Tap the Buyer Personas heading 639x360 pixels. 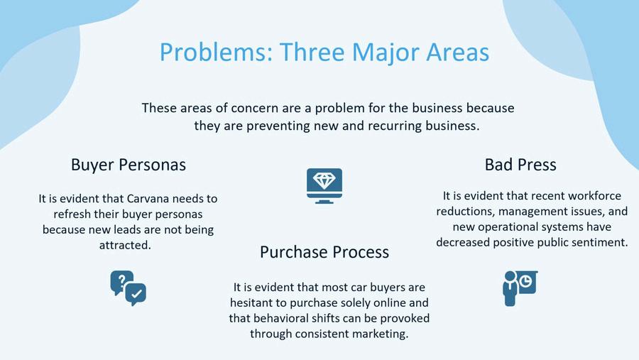pyautogui.click(x=129, y=165)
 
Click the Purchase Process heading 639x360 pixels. pyautogui.click(x=324, y=252)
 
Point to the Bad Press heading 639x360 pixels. pyautogui.click(x=520, y=165)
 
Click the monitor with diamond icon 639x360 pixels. pyautogui.click(x=324, y=186)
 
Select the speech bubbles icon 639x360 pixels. pyautogui.click(x=128, y=288)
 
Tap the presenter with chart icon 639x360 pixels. pyautogui.click(x=520, y=288)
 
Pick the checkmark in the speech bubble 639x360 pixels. pyautogui.click(x=136, y=293)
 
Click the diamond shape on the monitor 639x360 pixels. pyautogui.click(x=324, y=180)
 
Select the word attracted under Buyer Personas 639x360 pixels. pyautogui.click(x=125, y=245)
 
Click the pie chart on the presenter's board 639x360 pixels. pyautogui.click(x=525, y=280)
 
